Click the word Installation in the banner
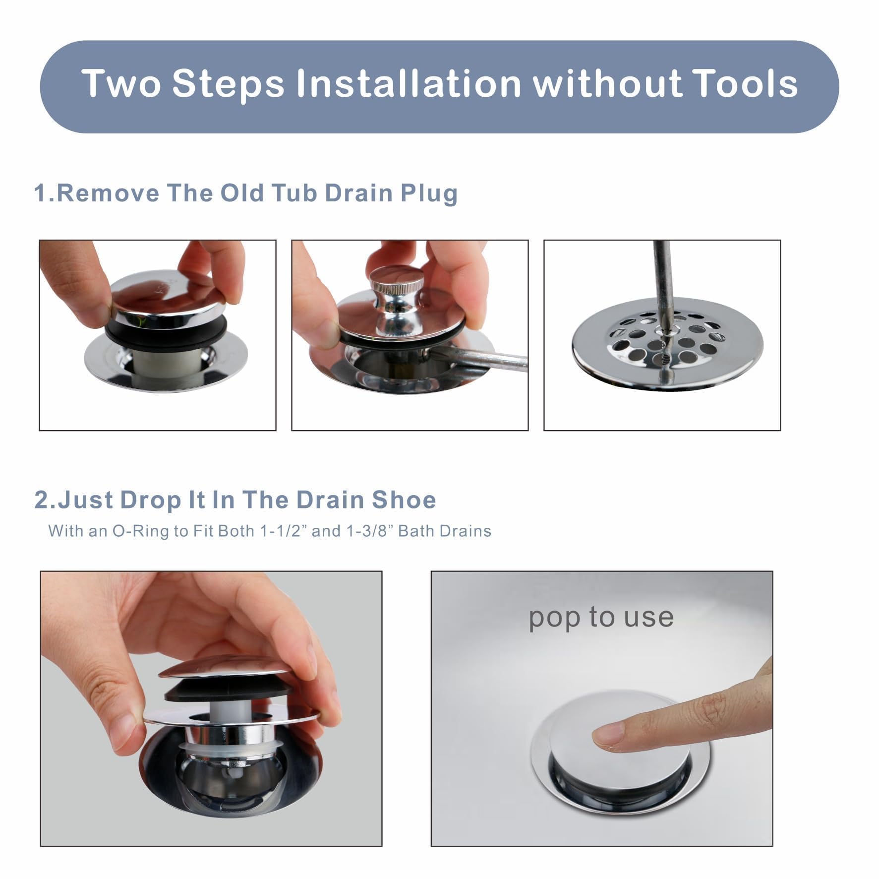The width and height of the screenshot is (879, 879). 409,83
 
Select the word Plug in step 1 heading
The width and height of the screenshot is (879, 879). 429,194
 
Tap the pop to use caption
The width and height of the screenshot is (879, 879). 601,617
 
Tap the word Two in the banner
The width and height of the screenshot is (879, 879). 121,83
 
